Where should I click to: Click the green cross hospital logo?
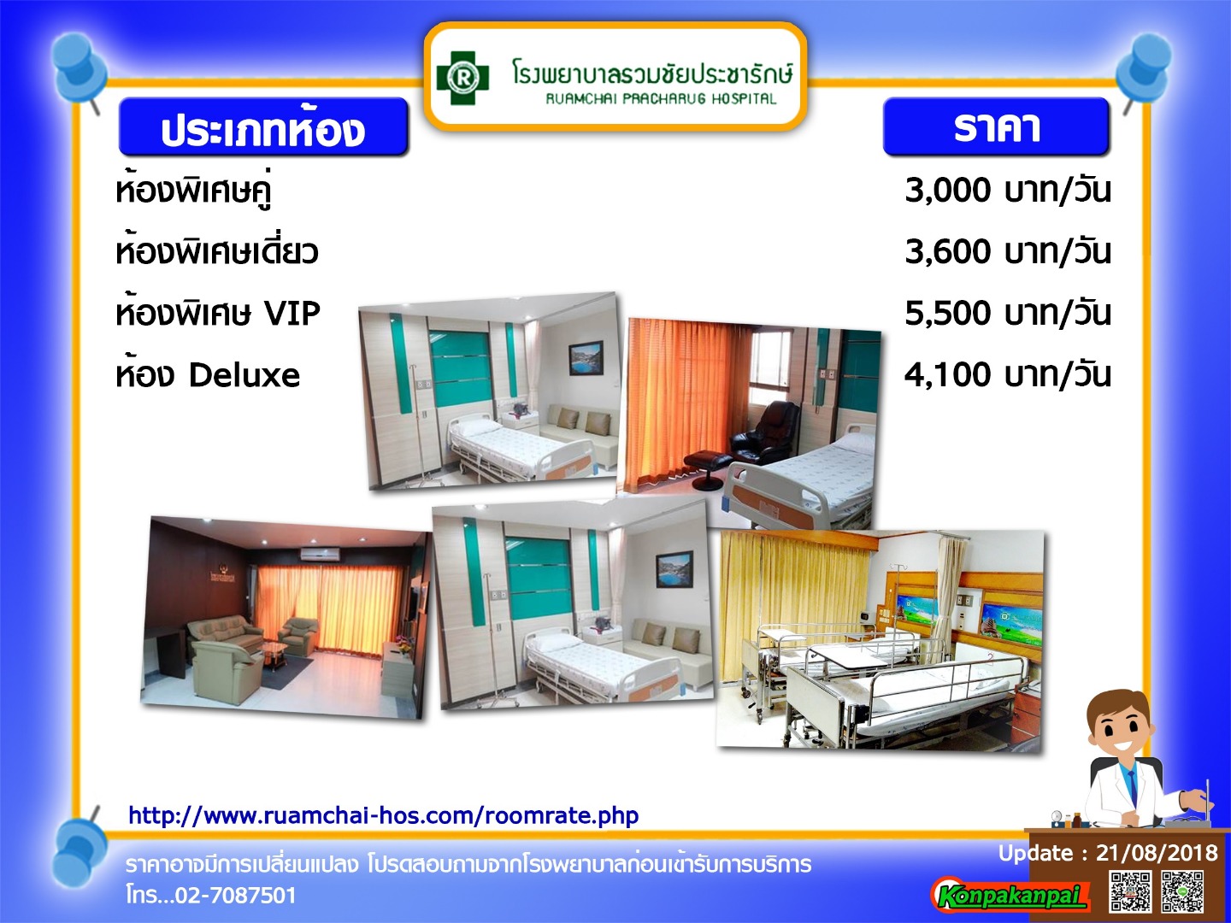462,78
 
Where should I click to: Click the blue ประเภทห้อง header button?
263,127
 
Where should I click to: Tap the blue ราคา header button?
996,126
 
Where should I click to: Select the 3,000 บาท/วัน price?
1007,191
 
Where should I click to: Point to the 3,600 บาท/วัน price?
1007,251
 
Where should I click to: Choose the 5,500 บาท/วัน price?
1007,313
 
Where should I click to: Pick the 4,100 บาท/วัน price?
1007,374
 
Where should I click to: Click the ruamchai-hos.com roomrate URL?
384,815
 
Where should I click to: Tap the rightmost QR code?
1182,891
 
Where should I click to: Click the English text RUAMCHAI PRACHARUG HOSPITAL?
661,99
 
